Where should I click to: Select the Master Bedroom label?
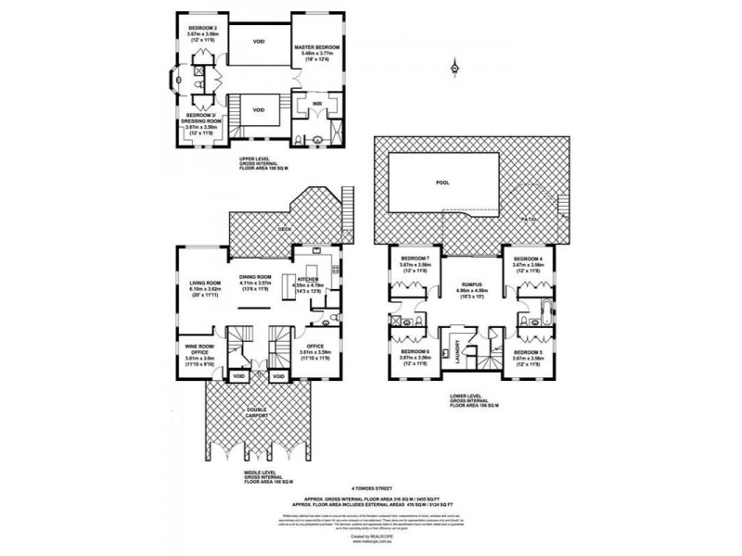[x=317, y=46]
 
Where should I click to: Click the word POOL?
[x=443, y=183]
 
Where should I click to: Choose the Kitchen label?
[x=308, y=278]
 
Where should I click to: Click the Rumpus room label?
[x=467, y=287]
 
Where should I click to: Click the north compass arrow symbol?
[x=454, y=66]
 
